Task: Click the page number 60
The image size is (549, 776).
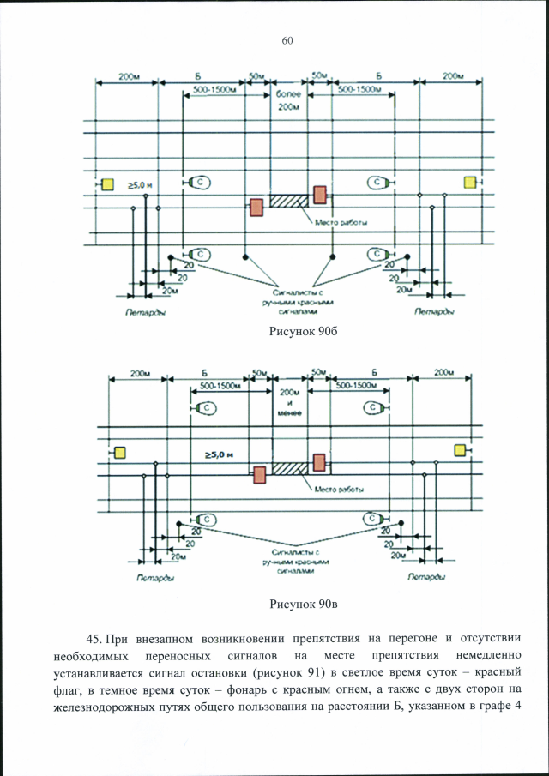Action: pos(287,41)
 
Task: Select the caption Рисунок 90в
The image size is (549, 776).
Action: pos(286,605)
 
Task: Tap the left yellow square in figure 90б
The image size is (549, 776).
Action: pos(108,183)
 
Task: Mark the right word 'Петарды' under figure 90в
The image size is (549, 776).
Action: pos(425,577)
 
